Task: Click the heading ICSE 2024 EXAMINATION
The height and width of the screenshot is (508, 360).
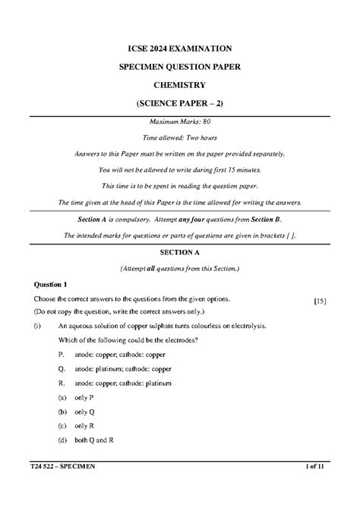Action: (x=180, y=48)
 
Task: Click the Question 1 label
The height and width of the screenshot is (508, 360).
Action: (x=50, y=284)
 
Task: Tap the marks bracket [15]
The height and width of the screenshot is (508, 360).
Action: (x=320, y=301)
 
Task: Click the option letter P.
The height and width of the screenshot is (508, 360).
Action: (x=60, y=354)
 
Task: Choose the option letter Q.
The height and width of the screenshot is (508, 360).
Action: (x=61, y=368)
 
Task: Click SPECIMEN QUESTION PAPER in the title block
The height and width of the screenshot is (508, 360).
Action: (x=180, y=66)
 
